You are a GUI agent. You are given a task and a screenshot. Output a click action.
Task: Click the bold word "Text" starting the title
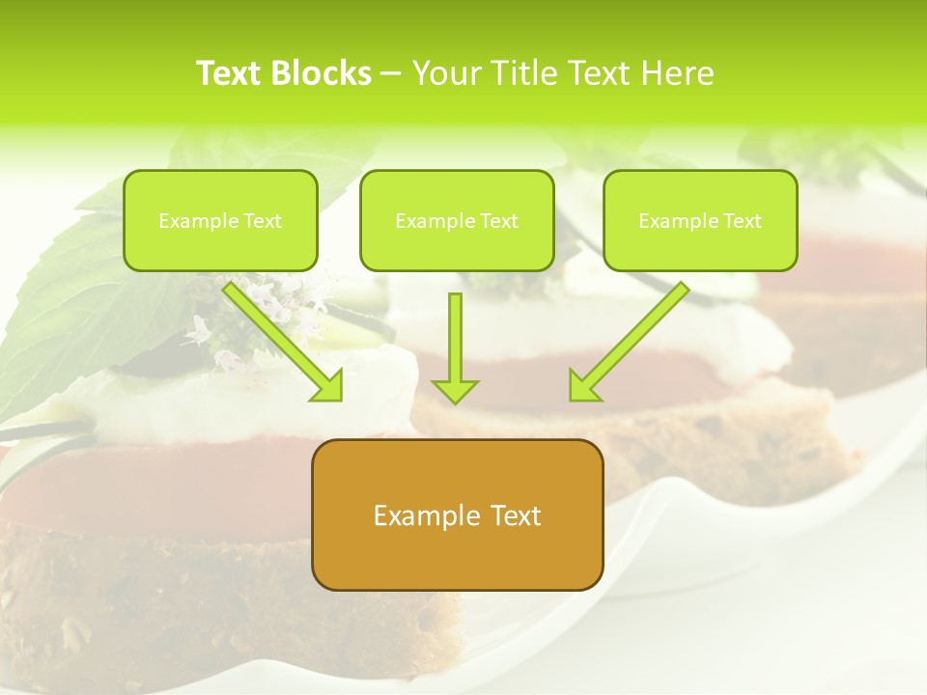tap(229, 73)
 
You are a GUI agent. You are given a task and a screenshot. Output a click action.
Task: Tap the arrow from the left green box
tap(280, 338)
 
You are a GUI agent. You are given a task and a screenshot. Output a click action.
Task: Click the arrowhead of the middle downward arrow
tap(455, 391)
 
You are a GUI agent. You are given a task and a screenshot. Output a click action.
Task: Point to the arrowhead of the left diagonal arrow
tap(328, 386)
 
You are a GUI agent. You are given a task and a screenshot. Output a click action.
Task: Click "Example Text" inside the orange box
tap(457, 515)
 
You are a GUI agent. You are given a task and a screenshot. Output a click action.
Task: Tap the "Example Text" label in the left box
tap(220, 221)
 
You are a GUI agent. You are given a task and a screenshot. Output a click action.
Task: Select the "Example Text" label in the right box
tap(700, 221)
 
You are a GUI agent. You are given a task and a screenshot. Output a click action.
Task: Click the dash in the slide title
tap(391, 73)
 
